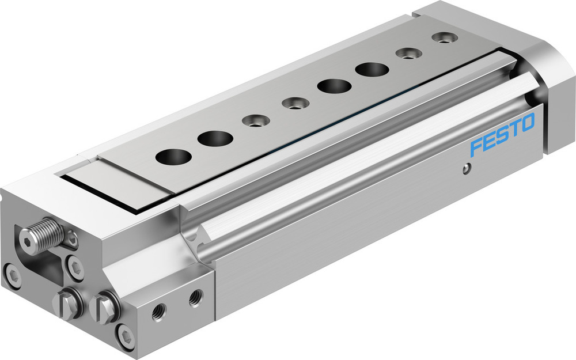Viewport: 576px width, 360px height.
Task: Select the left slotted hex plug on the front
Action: tap(66, 304)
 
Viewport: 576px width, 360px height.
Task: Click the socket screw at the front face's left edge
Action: tap(12, 275)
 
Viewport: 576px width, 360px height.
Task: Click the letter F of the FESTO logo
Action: tap(477, 147)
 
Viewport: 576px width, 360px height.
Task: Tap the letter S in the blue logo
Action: tap(502, 134)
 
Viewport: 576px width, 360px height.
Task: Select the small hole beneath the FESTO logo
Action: tap(467, 168)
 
